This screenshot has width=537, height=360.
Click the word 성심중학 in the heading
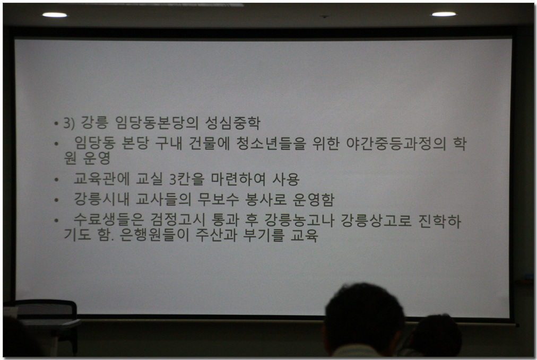coord(232,122)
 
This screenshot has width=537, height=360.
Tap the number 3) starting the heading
coord(69,123)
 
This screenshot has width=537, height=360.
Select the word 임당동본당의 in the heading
coord(157,122)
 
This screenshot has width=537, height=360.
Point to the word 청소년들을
coord(271,143)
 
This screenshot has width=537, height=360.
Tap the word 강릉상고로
coord(376,220)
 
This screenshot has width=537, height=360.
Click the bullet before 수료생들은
coord(56,221)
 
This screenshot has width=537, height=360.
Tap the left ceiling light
coord(55,15)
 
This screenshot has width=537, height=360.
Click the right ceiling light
coord(444,14)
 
